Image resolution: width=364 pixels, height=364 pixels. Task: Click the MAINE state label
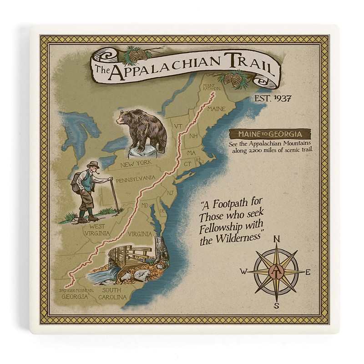click(216, 110)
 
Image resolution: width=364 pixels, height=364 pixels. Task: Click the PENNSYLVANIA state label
click(133, 180)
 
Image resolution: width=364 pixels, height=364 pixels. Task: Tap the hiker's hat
click(94, 164)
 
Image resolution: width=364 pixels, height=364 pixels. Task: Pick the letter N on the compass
click(277, 240)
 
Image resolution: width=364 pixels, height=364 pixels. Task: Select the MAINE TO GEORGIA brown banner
click(270, 135)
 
